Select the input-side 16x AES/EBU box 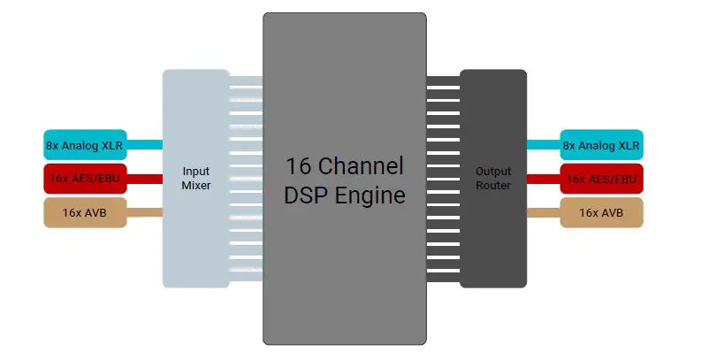[85, 179]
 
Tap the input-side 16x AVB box [85, 212]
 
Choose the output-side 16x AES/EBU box [601, 179]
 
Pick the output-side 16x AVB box [601, 212]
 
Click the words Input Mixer [195, 179]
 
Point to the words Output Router [493, 179]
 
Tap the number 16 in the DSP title [298, 166]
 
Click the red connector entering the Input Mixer [145, 179]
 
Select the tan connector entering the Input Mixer [145, 212]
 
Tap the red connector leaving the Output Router [543, 179]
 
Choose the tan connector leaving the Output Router [543, 212]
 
